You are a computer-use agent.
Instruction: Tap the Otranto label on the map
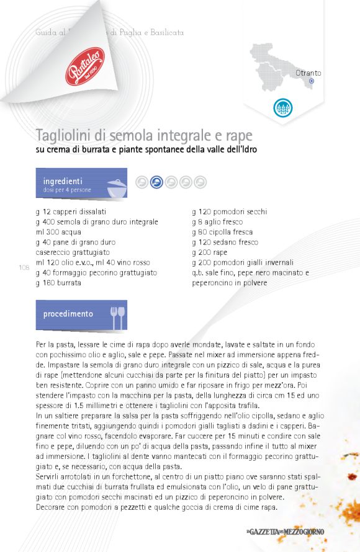pos(308,73)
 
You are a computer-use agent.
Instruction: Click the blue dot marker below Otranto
pos(312,81)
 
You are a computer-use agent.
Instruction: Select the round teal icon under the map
pos(282,107)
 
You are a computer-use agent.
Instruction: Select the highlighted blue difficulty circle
pos(156,182)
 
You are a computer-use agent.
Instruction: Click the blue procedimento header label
pos(68,314)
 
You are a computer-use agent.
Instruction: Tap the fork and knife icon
pos(117,317)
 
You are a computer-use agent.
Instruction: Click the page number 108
pos(24,268)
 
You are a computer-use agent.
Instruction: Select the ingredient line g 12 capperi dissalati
pos(71,211)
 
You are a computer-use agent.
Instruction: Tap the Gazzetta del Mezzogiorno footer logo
pos(284,532)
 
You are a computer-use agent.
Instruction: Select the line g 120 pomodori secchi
pos(230,211)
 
